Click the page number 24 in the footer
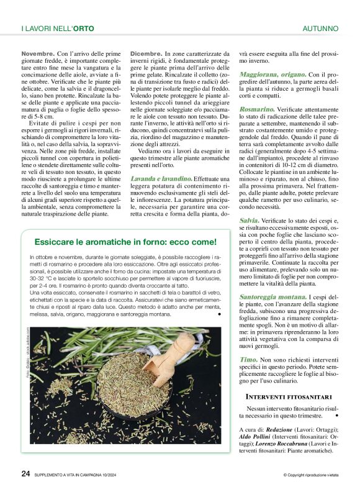pos(25,473)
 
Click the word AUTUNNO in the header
pos(320,29)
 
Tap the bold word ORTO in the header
pos(86,29)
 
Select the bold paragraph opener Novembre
pos(37,55)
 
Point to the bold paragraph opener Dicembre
pos(146,55)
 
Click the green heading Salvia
pos(249,221)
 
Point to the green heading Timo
pos(248,359)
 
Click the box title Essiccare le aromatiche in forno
pos(125,242)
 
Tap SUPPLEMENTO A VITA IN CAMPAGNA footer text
pos(80,475)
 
